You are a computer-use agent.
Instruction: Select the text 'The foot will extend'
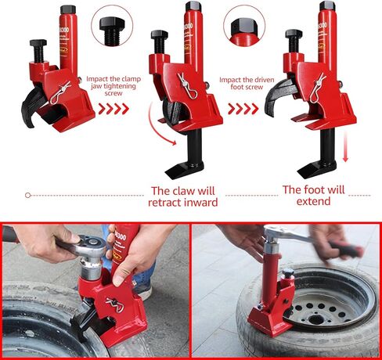point(314,195)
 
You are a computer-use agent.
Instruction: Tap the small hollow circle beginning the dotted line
point(27,195)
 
